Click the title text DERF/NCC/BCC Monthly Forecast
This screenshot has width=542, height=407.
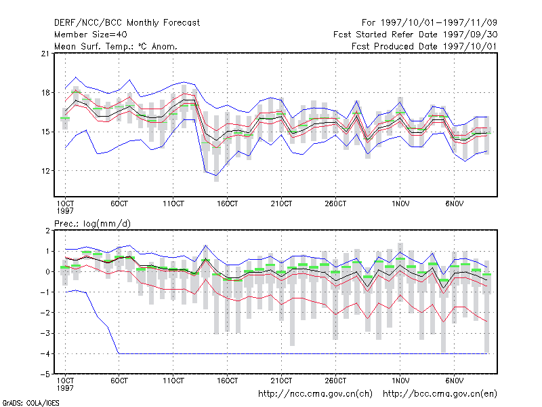pyautogui.click(x=127, y=23)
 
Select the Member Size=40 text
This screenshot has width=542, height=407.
pyautogui.click(x=91, y=35)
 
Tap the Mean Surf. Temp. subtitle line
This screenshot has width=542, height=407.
pyautogui.click(x=116, y=46)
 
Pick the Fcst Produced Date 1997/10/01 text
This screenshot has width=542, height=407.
pyautogui.click(x=425, y=46)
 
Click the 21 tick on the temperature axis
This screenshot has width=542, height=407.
pyautogui.click(x=45, y=54)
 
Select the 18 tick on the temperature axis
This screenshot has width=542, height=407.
pyautogui.click(x=45, y=93)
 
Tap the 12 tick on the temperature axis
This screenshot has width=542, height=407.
pyautogui.click(x=45, y=171)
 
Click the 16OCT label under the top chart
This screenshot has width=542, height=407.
pyautogui.click(x=227, y=204)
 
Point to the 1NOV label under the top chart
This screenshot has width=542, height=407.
pyautogui.click(x=400, y=204)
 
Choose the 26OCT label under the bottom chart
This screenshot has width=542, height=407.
pyautogui.click(x=335, y=381)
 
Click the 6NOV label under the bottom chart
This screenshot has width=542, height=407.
pyautogui.click(x=454, y=381)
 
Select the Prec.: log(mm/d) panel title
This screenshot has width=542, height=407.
pyautogui.click(x=93, y=224)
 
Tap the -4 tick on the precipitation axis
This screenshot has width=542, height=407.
pyautogui.click(x=45, y=354)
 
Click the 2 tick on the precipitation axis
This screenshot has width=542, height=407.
pyautogui.click(x=47, y=231)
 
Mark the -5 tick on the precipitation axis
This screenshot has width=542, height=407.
pyautogui.click(x=45, y=374)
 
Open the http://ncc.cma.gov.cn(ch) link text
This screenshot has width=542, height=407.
pyautogui.click(x=315, y=394)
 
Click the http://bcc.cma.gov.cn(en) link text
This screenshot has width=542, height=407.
pyautogui.click(x=440, y=394)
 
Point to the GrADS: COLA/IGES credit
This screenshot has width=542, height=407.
pyautogui.click(x=30, y=403)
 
